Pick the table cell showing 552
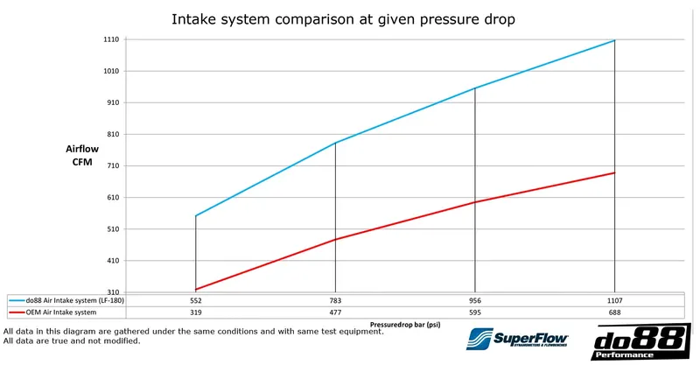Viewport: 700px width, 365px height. coord(196,300)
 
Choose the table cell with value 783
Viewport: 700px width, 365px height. coord(335,300)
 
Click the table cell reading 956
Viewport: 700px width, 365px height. coord(475,300)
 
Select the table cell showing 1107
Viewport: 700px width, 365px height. coord(615,300)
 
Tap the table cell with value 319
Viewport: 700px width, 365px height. coord(196,312)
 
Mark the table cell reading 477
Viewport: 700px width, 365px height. coord(335,312)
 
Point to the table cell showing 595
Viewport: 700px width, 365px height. coord(475,312)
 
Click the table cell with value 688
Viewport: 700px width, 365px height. coord(615,312)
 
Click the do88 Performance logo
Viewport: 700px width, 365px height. coord(636,343)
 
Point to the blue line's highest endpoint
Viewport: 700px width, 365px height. coord(615,40)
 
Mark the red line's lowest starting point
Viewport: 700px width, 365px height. coord(196,290)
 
